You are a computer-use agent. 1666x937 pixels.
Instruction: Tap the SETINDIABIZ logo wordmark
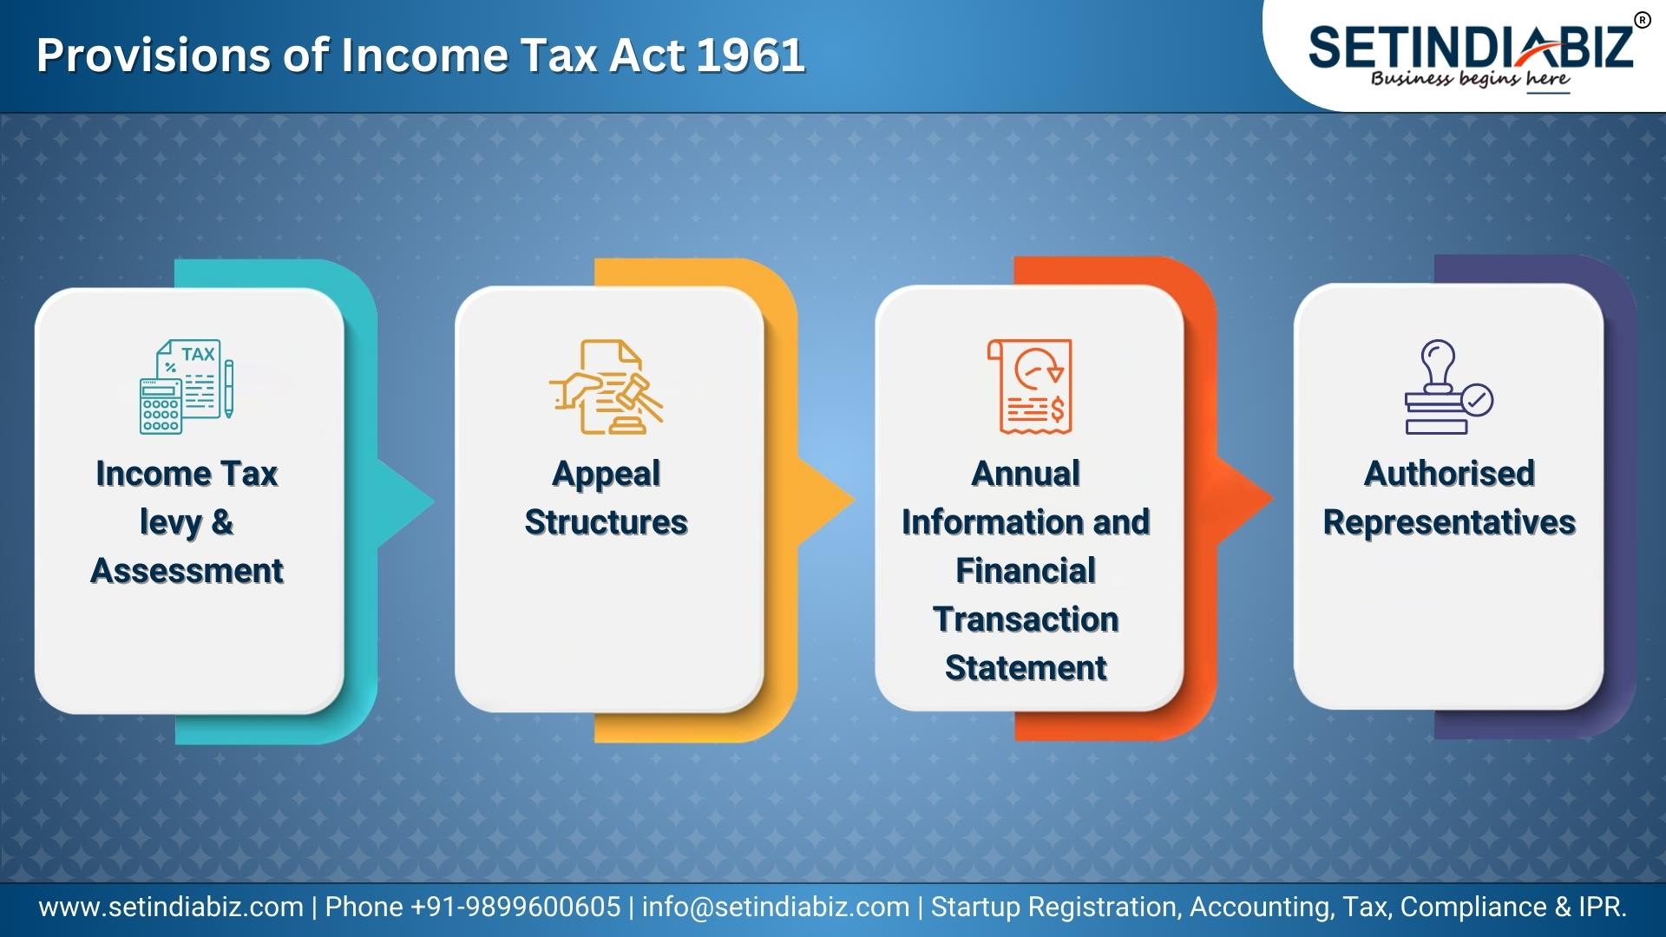point(1471,47)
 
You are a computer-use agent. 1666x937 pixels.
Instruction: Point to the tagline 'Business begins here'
point(1470,80)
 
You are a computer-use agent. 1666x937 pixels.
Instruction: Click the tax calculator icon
point(187,386)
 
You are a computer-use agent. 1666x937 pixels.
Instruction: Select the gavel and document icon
point(606,386)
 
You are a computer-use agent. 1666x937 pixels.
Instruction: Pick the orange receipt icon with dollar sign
point(1030,386)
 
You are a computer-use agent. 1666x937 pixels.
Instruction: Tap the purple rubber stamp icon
point(1448,386)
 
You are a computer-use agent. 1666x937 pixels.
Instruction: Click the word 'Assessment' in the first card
point(187,571)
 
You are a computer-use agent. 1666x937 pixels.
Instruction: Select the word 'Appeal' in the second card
point(606,475)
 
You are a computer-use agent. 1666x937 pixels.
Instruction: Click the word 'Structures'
point(606,522)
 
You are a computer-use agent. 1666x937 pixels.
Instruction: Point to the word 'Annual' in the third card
point(1026,474)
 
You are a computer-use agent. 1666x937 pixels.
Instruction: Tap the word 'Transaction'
point(1026,619)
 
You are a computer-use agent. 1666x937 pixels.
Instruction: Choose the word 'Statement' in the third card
point(1026,668)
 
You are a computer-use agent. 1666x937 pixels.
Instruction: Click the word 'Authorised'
point(1449,474)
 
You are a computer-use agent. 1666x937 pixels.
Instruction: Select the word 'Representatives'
point(1449,523)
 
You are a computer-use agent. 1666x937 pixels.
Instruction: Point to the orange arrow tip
point(1273,499)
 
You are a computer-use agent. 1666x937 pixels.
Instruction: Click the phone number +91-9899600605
point(515,908)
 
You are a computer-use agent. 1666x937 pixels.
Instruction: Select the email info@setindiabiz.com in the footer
point(776,908)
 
